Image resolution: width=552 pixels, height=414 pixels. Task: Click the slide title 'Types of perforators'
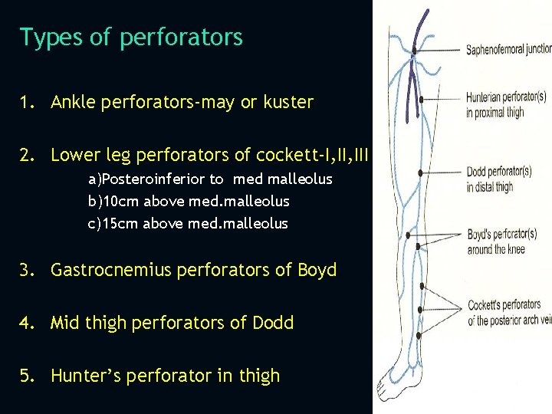click(131, 37)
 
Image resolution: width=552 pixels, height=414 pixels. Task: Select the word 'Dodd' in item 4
click(272, 323)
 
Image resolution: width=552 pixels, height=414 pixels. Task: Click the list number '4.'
click(28, 323)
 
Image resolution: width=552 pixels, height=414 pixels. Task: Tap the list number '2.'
click(28, 155)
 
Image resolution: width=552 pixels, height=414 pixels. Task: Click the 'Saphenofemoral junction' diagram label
click(508, 49)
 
